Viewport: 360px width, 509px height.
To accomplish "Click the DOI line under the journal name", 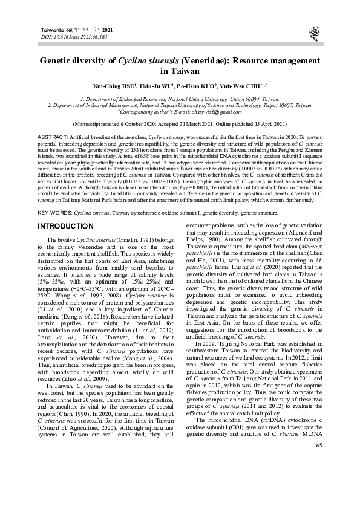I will [73, 36].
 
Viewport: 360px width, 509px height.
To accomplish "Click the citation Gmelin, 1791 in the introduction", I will [130, 223].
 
